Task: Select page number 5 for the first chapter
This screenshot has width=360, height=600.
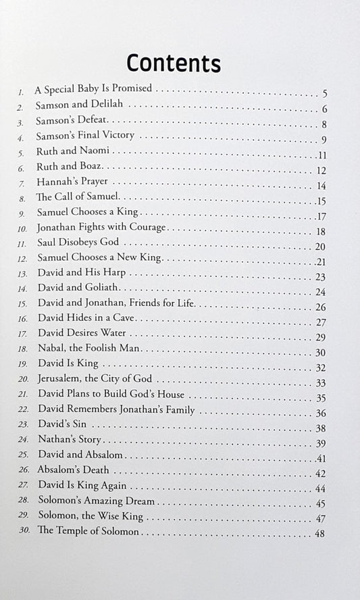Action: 325,93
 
